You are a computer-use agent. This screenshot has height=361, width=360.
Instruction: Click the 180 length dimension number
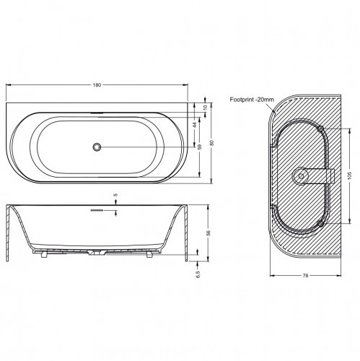97,84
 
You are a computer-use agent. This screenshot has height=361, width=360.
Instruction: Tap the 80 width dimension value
211,142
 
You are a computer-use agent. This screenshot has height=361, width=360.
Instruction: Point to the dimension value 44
195,123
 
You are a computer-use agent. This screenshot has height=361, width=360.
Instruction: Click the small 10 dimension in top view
205,107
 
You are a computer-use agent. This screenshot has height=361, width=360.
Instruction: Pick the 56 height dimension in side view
208,233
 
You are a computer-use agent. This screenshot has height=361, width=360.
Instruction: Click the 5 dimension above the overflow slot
115,196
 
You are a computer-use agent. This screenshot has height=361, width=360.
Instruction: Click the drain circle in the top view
97,147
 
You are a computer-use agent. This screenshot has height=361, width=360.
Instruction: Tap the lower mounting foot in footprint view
318,225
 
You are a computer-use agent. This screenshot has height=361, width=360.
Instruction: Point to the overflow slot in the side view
97,210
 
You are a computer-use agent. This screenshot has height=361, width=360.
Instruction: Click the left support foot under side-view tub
43,254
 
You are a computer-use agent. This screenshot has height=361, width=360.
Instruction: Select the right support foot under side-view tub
150,254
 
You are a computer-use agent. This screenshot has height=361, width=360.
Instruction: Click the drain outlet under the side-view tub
97,254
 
